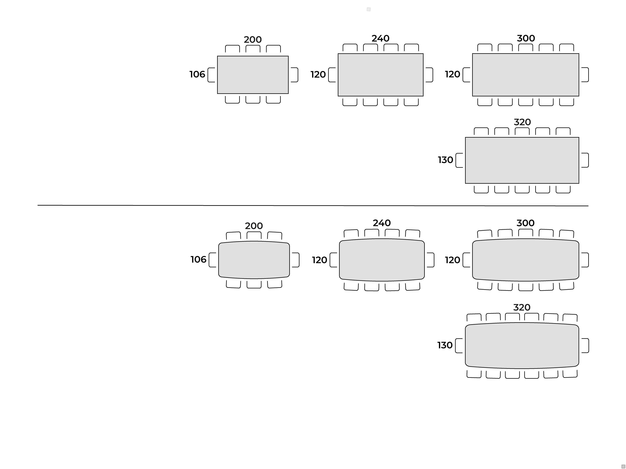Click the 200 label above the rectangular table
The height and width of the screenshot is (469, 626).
[x=253, y=40]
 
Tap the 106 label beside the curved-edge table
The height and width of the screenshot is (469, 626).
[x=198, y=259]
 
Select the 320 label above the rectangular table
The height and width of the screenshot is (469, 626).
[x=522, y=122]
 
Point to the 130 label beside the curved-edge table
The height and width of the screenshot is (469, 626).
[x=445, y=345]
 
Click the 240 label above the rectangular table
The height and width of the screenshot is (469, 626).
[x=380, y=38]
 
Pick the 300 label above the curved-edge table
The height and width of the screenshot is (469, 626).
[x=526, y=223]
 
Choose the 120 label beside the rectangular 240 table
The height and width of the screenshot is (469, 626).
[x=318, y=75]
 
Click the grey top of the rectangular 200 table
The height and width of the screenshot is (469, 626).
[x=253, y=75]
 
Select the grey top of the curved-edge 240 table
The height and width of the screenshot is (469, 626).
[x=382, y=260]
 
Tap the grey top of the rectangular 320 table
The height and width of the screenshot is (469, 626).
[x=522, y=160]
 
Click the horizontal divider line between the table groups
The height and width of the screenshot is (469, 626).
[x=313, y=206]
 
